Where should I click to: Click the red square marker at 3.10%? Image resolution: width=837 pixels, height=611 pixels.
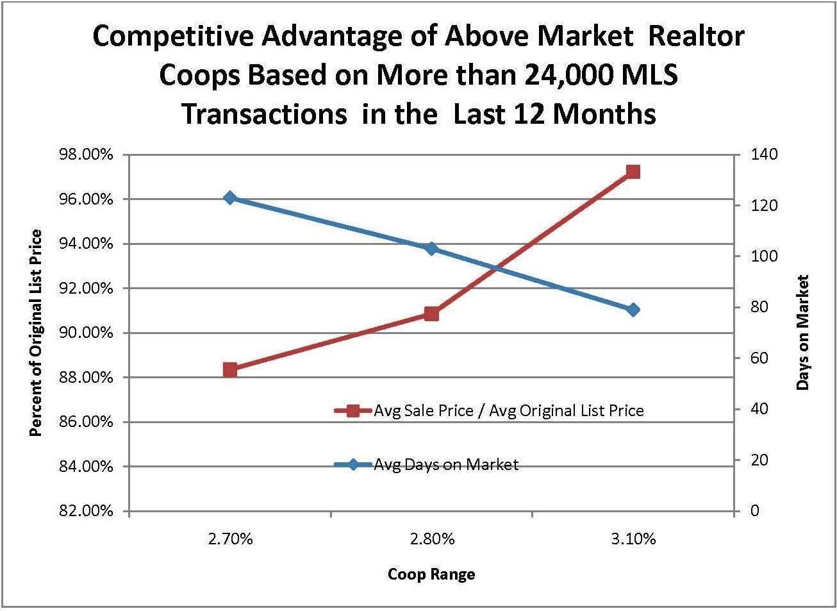click(x=633, y=172)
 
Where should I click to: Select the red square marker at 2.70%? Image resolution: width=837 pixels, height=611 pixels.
click(x=230, y=369)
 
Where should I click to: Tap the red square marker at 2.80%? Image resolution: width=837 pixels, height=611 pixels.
click(x=431, y=314)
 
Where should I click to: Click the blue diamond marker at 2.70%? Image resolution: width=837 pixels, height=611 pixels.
click(x=230, y=198)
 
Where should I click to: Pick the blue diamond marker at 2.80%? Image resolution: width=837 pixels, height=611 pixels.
click(x=431, y=249)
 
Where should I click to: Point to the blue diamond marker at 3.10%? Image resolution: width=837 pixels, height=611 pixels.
click(x=633, y=310)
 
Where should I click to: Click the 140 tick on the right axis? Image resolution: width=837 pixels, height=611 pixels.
click(x=765, y=155)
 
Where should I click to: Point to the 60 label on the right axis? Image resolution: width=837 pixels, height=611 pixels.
click(x=759, y=358)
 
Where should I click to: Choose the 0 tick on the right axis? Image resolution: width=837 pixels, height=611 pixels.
click(x=755, y=511)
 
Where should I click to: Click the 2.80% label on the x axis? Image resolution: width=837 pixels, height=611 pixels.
click(x=432, y=539)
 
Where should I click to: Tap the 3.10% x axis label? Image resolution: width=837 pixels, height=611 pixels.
click(x=633, y=539)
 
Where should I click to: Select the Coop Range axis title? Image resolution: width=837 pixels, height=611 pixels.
click(x=431, y=574)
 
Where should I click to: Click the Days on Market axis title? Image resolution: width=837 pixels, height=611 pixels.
click(x=803, y=333)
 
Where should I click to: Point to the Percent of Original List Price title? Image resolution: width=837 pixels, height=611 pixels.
click(x=36, y=333)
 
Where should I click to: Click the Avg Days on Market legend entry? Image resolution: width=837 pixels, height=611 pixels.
click(x=446, y=465)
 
